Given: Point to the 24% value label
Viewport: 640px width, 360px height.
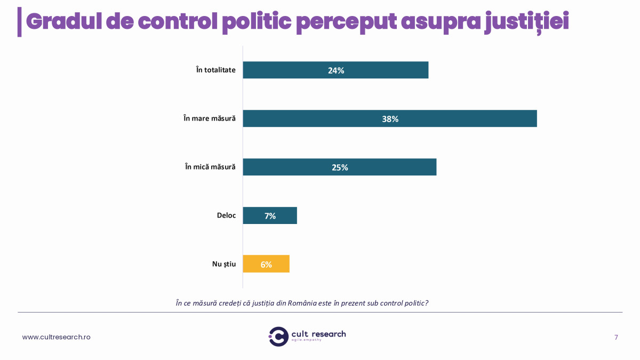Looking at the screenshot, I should point(336,70).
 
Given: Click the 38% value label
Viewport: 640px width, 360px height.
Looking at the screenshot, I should point(390,119).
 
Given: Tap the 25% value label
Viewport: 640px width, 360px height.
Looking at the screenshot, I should point(340,167).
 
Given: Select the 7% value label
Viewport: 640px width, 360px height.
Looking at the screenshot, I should point(270,216).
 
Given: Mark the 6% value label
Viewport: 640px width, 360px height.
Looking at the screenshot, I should point(266,265).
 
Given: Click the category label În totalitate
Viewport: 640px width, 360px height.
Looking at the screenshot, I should point(215,70).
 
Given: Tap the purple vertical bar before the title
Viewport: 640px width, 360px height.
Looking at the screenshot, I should point(20,22).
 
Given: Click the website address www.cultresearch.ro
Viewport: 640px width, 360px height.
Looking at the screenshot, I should point(56,337).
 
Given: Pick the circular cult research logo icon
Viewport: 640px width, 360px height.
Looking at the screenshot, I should point(278,337).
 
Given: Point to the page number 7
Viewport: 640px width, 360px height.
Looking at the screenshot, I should point(616,337).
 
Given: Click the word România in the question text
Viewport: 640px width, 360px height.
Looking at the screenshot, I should point(301,303).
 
